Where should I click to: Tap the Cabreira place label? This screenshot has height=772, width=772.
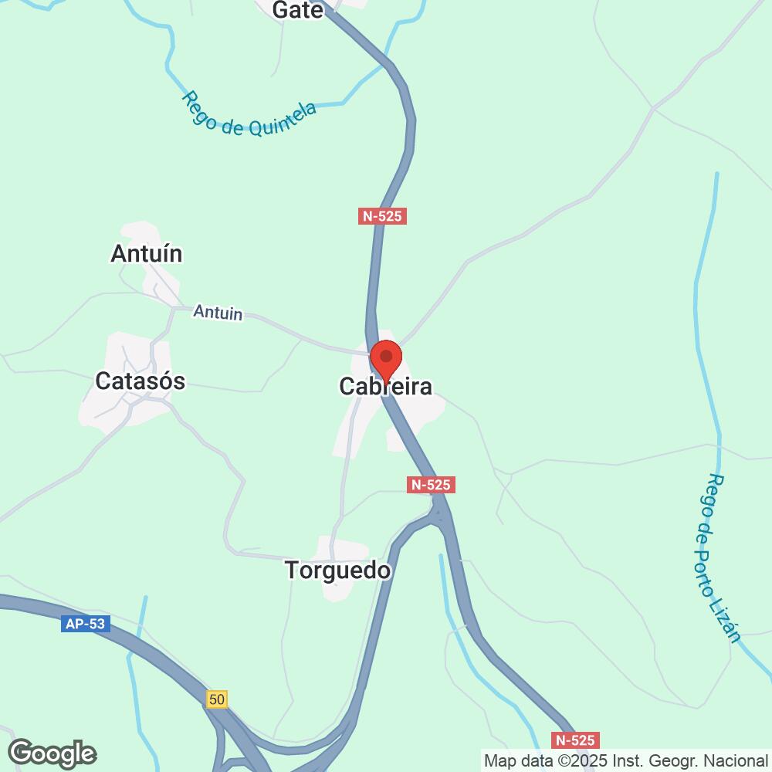(x=386, y=387)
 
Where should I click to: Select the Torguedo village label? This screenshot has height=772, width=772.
(x=338, y=571)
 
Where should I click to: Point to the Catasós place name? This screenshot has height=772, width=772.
(x=141, y=381)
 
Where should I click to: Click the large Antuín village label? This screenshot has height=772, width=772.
(x=147, y=253)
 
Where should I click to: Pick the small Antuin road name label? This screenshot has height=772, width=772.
(x=218, y=312)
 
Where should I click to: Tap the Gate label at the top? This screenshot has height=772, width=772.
(x=298, y=9)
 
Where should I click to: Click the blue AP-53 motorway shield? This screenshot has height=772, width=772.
(x=86, y=624)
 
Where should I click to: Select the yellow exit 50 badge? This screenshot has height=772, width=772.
(x=218, y=699)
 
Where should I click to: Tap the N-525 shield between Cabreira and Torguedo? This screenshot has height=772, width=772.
(x=431, y=485)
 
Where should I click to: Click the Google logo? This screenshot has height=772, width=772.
(x=52, y=753)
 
